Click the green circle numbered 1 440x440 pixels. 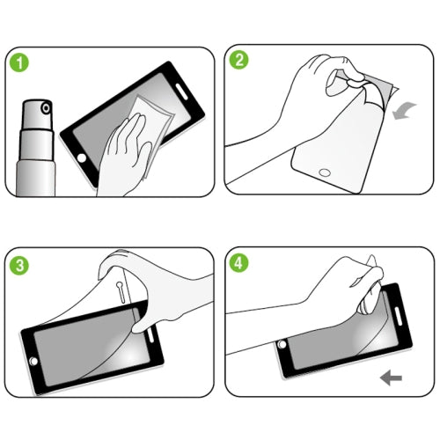[x=19, y=64]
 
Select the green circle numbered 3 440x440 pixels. [x=19, y=264]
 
